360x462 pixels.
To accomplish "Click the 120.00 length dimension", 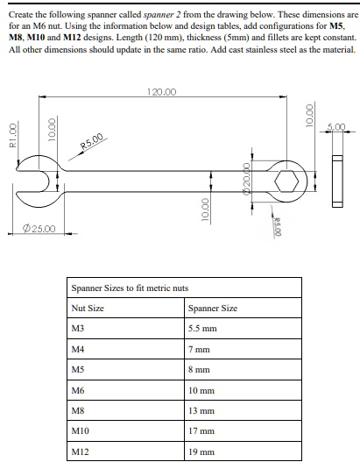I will [x=163, y=91].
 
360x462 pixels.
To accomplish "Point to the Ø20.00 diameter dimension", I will [x=248, y=180].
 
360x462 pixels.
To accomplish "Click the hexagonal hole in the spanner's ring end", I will [x=286, y=181].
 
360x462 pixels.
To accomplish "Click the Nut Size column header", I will [x=88, y=309].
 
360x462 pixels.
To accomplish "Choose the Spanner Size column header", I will [x=212, y=309].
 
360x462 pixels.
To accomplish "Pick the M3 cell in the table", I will [x=78, y=328].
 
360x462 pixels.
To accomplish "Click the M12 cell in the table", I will [x=81, y=451].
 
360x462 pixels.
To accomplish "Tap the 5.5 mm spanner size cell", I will [x=203, y=328].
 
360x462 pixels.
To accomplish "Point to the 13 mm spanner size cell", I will [x=201, y=410].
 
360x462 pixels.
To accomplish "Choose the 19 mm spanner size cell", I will [x=201, y=451].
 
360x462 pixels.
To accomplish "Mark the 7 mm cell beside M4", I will [x=198, y=349].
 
